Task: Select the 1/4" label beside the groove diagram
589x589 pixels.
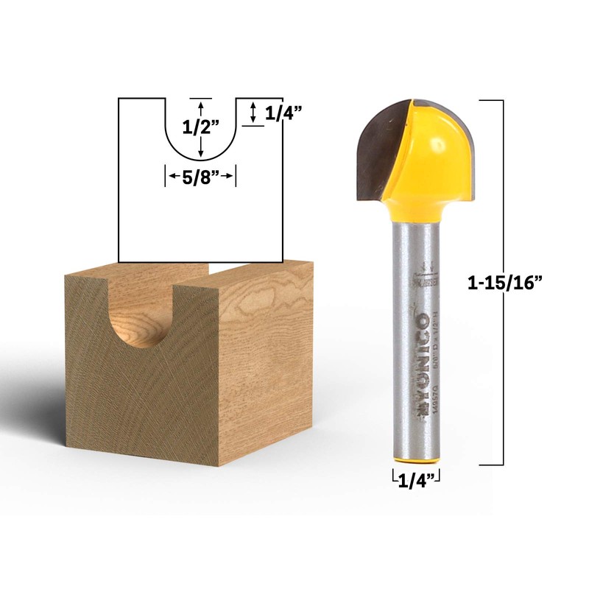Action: click(x=283, y=113)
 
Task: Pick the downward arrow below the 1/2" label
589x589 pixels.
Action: click(x=200, y=149)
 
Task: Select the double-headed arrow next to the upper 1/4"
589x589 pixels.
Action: click(x=253, y=113)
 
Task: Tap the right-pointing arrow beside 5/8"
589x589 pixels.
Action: click(x=229, y=176)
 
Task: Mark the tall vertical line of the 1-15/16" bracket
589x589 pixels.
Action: click(x=503, y=281)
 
